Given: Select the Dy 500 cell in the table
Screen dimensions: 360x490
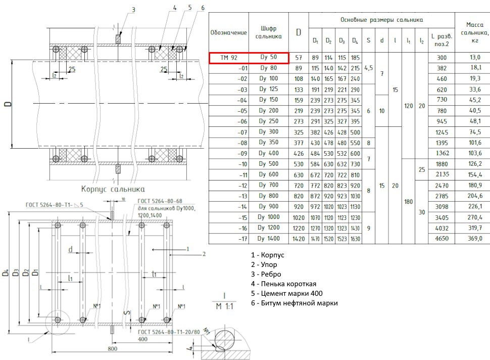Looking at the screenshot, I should click(x=268, y=164).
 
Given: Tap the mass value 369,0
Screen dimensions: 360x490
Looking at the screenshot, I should click(x=475, y=238).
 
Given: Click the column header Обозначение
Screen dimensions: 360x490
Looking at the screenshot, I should click(x=228, y=32).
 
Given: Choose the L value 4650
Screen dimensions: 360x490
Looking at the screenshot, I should click(x=441, y=238).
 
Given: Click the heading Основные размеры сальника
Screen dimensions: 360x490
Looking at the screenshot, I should click(x=381, y=20).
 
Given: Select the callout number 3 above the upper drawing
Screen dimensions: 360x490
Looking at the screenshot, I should click(x=133, y=10).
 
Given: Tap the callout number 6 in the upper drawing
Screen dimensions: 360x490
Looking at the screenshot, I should click(x=202, y=8).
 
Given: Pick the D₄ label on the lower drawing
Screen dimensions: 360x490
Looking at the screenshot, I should click(x=6, y=273).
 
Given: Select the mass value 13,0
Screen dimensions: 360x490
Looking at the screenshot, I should click(x=475, y=58).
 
